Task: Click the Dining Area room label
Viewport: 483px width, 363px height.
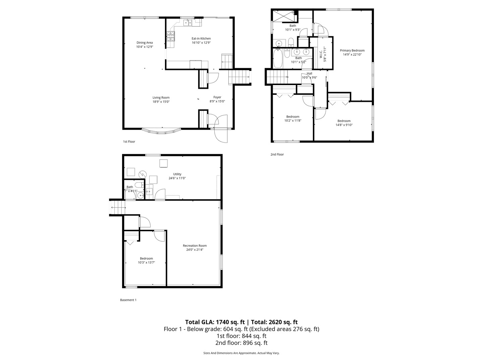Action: coord(145,43)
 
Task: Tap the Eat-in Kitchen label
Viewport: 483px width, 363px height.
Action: coord(201,39)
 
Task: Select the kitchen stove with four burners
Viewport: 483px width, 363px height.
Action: coord(171,36)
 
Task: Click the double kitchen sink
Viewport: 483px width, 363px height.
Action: coord(187,23)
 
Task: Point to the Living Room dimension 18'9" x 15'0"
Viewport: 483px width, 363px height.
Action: coord(161,102)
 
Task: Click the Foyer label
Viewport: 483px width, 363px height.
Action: coord(217,97)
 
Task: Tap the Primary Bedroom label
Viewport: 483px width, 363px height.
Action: coord(352,50)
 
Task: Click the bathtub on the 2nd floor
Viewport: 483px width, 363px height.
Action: coord(278,58)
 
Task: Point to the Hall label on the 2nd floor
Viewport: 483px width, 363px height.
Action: coord(309,74)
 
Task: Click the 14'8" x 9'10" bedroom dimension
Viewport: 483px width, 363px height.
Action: coord(344,125)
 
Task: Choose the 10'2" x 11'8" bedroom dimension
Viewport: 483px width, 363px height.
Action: coord(293,121)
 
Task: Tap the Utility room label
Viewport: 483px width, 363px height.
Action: coord(177,174)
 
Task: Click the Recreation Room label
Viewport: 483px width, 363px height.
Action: coord(195,246)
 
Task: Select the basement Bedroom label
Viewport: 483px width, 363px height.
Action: coord(147,258)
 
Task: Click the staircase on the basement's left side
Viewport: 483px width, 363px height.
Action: coord(117,207)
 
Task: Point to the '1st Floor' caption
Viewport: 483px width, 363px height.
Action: coord(129,142)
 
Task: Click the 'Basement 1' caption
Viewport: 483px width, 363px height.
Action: coord(128,300)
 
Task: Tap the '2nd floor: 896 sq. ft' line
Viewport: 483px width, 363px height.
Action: coord(241,343)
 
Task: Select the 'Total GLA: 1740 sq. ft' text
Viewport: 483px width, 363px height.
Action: coord(215,322)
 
